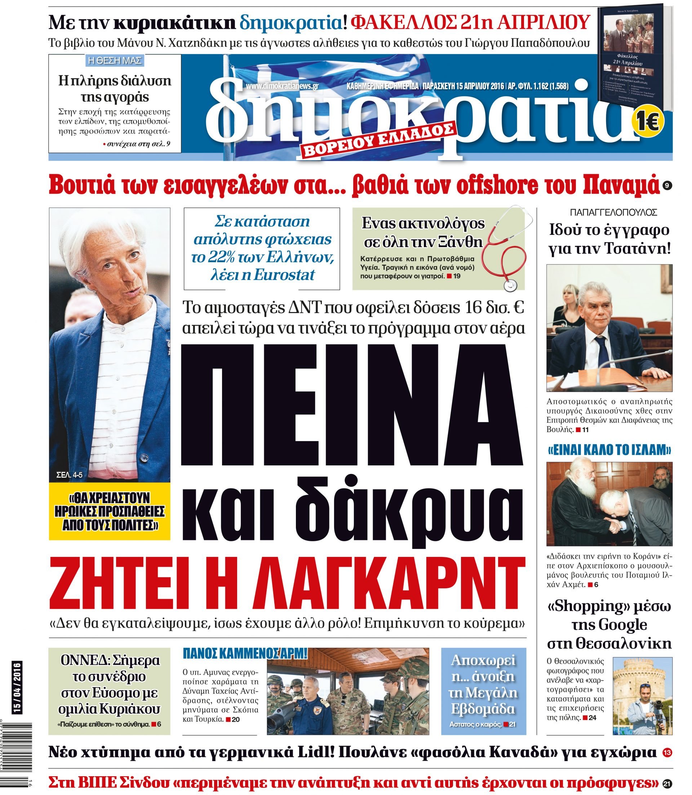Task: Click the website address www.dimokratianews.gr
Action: (x=281, y=86)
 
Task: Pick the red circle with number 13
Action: (x=667, y=752)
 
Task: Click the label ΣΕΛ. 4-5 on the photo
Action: (x=70, y=475)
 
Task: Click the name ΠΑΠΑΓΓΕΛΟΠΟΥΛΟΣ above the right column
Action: (x=610, y=212)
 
